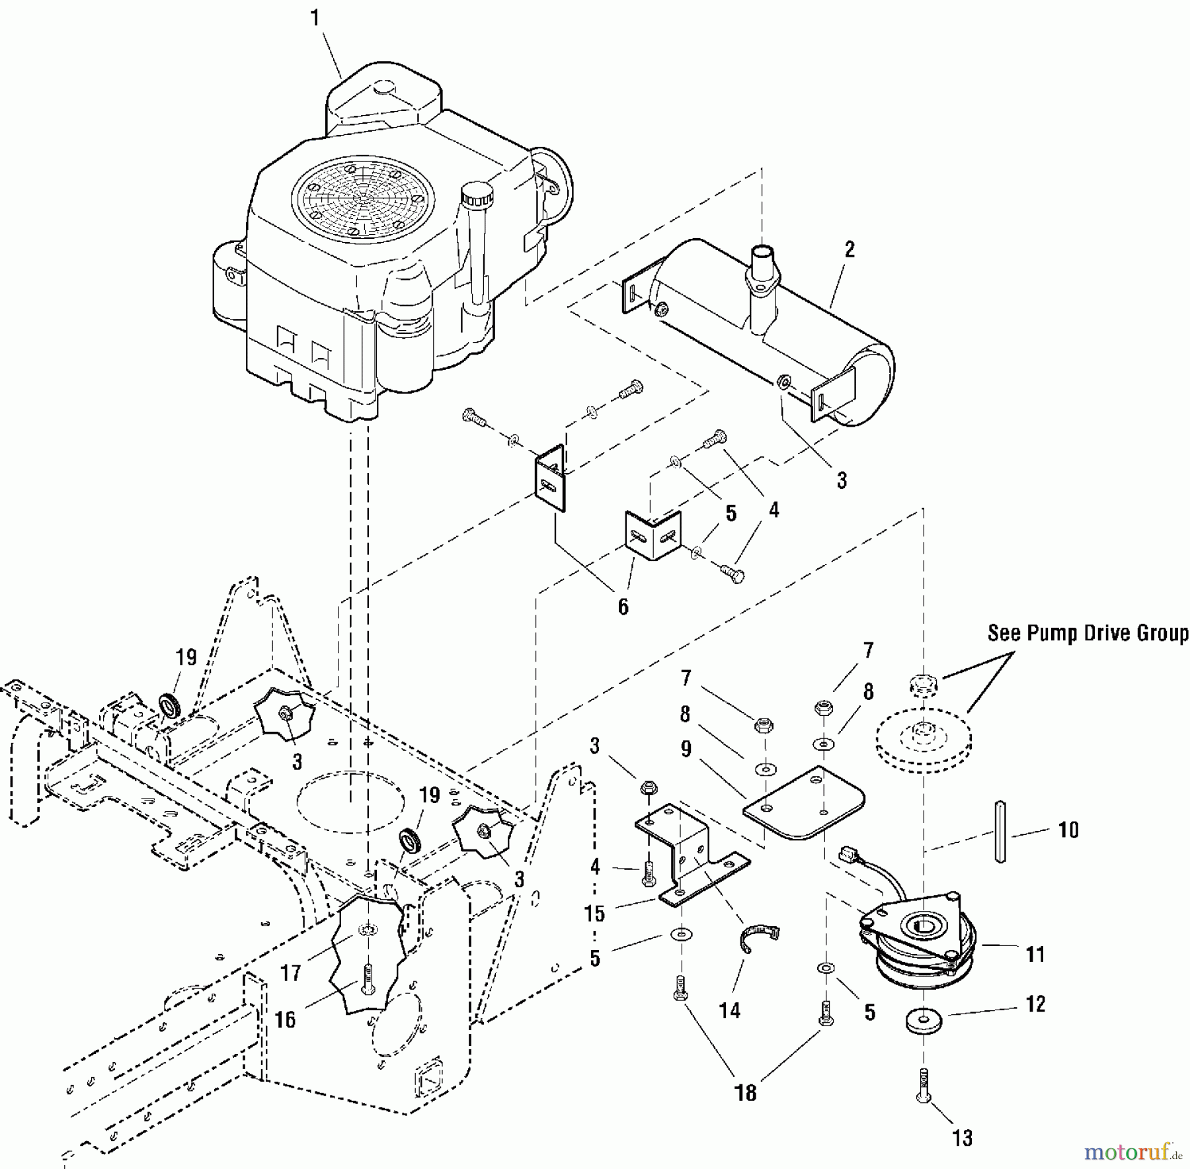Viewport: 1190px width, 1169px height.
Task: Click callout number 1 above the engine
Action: [x=315, y=19]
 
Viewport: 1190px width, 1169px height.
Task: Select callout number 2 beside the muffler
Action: [x=850, y=249]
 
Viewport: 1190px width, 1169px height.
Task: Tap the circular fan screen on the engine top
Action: [x=364, y=198]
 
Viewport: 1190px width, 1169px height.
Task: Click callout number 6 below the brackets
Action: [x=623, y=607]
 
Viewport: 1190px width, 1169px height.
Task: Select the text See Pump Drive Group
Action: [x=1088, y=633]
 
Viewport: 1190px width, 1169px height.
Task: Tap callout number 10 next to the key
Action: [x=1068, y=830]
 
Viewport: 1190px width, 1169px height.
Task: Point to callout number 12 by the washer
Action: [x=1036, y=1004]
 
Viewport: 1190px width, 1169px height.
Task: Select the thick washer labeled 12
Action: [x=924, y=1019]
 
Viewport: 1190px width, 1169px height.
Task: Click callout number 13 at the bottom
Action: [x=963, y=1138]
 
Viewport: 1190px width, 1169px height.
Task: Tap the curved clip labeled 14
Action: [x=760, y=938]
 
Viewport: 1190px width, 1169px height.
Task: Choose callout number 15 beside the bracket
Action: [x=594, y=914]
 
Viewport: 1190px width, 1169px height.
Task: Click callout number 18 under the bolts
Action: [x=746, y=1092]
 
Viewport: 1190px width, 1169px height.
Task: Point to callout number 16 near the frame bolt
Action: [x=285, y=1019]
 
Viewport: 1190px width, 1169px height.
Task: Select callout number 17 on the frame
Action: [x=290, y=973]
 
